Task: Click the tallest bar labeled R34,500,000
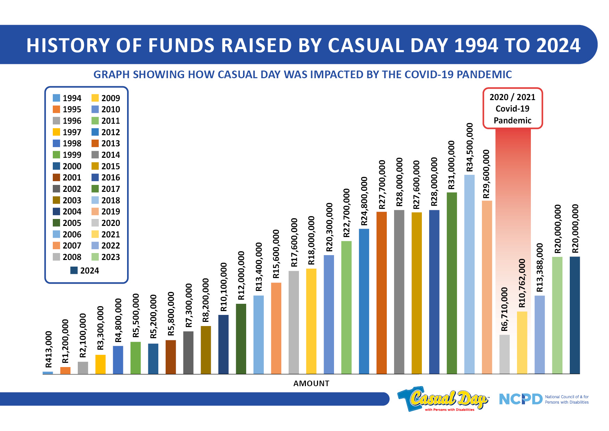469,275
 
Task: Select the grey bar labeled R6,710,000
504,355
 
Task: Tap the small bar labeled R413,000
48,373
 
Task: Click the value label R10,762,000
522,283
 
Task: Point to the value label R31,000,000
451,165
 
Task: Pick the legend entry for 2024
85,271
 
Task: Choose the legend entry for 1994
67,98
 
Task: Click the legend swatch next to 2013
95,144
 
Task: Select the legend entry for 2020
106,223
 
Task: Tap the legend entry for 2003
67,200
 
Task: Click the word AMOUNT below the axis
311,383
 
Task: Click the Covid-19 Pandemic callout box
512,108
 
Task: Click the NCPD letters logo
520,399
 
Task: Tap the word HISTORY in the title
68,46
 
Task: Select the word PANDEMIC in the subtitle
484,74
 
